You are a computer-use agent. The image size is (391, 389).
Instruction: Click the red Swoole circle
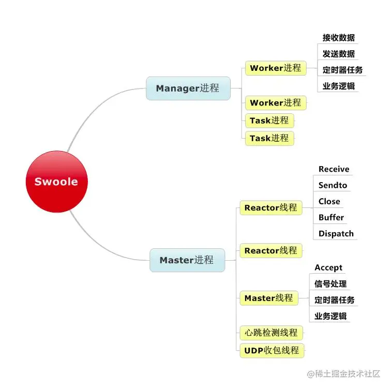[x=56, y=182]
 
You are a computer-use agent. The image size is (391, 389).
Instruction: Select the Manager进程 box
[x=188, y=88]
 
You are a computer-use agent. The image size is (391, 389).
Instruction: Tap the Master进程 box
[x=187, y=260]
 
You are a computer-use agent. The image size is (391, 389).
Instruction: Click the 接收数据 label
[x=339, y=38]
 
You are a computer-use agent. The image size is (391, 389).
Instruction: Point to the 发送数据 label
[x=339, y=54]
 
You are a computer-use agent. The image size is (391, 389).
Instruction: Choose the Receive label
[x=334, y=169]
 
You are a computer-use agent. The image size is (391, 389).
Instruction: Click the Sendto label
[x=333, y=185]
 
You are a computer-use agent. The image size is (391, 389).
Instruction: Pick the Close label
[x=329, y=201]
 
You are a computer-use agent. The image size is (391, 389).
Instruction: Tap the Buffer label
[x=331, y=217]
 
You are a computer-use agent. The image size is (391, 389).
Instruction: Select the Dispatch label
[x=336, y=233]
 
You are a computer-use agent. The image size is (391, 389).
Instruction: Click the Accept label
[x=328, y=267]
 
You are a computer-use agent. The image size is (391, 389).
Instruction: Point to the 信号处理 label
[x=330, y=283]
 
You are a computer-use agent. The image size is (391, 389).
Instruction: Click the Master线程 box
[x=268, y=298]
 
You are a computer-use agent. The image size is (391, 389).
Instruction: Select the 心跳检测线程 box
[x=271, y=333]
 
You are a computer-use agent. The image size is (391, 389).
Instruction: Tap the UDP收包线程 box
[x=272, y=350]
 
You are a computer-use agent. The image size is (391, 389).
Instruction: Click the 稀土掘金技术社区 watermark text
[x=347, y=373]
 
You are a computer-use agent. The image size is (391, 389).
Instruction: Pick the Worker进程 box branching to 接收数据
[x=275, y=68]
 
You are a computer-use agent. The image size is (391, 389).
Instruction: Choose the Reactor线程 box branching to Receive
[x=270, y=208]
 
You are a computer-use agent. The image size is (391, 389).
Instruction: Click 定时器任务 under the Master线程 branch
[x=335, y=300]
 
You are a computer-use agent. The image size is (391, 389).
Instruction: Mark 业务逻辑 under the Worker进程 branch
[x=339, y=86]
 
